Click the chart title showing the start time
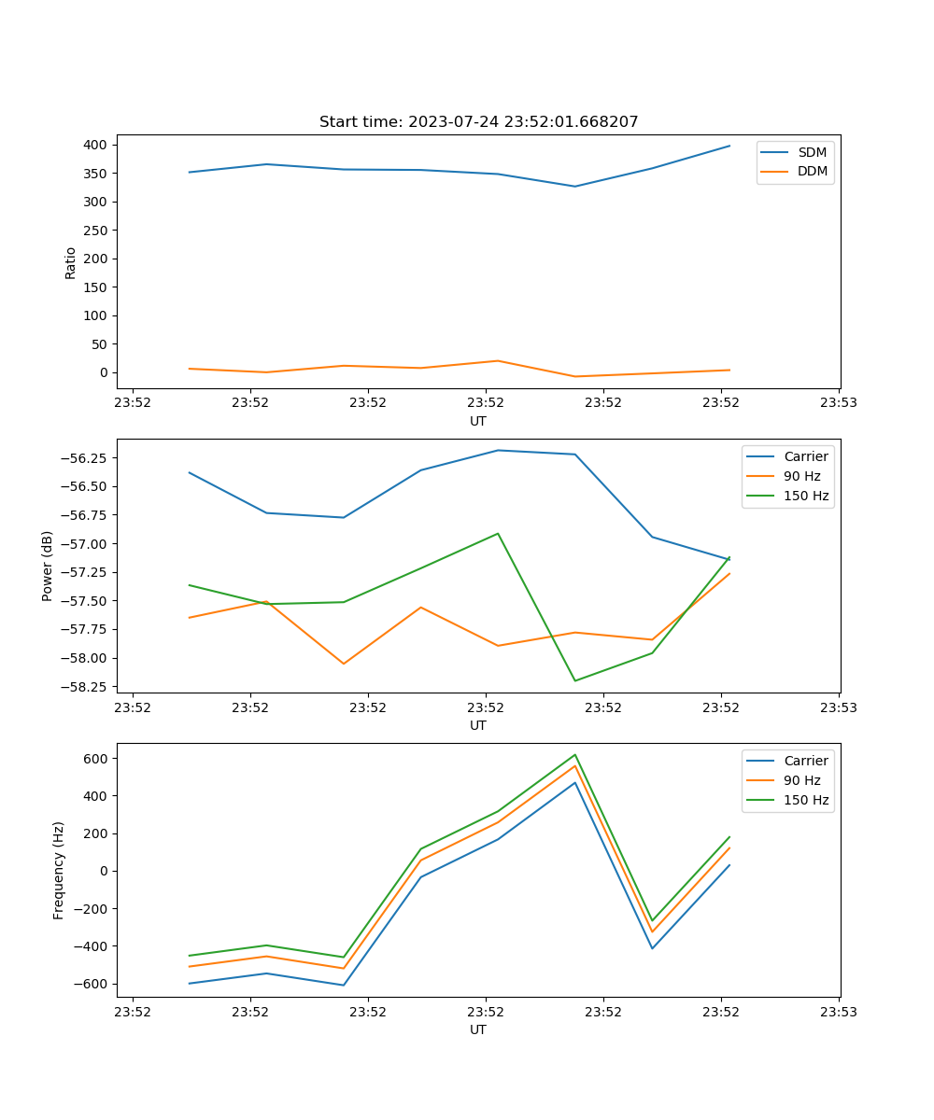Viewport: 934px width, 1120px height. point(478,122)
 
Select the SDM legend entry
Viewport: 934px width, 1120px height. point(811,152)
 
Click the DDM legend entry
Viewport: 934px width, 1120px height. point(812,171)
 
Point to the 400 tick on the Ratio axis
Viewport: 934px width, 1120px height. point(97,145)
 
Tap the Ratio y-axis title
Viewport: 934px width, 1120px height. point(71,262)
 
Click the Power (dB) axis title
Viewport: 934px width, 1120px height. point(48,566)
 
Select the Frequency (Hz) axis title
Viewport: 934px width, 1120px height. point(59,870)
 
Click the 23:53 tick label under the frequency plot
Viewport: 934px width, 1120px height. point(839,1011)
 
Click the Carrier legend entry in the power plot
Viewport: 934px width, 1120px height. point(805,456)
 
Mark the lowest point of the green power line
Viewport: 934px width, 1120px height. point(574,680)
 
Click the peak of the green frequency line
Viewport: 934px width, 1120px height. point(574,755)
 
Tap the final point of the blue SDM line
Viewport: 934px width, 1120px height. point(729,146)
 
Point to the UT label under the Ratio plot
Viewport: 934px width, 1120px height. point(478,421)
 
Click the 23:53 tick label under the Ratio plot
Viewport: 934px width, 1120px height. point(839,402)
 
